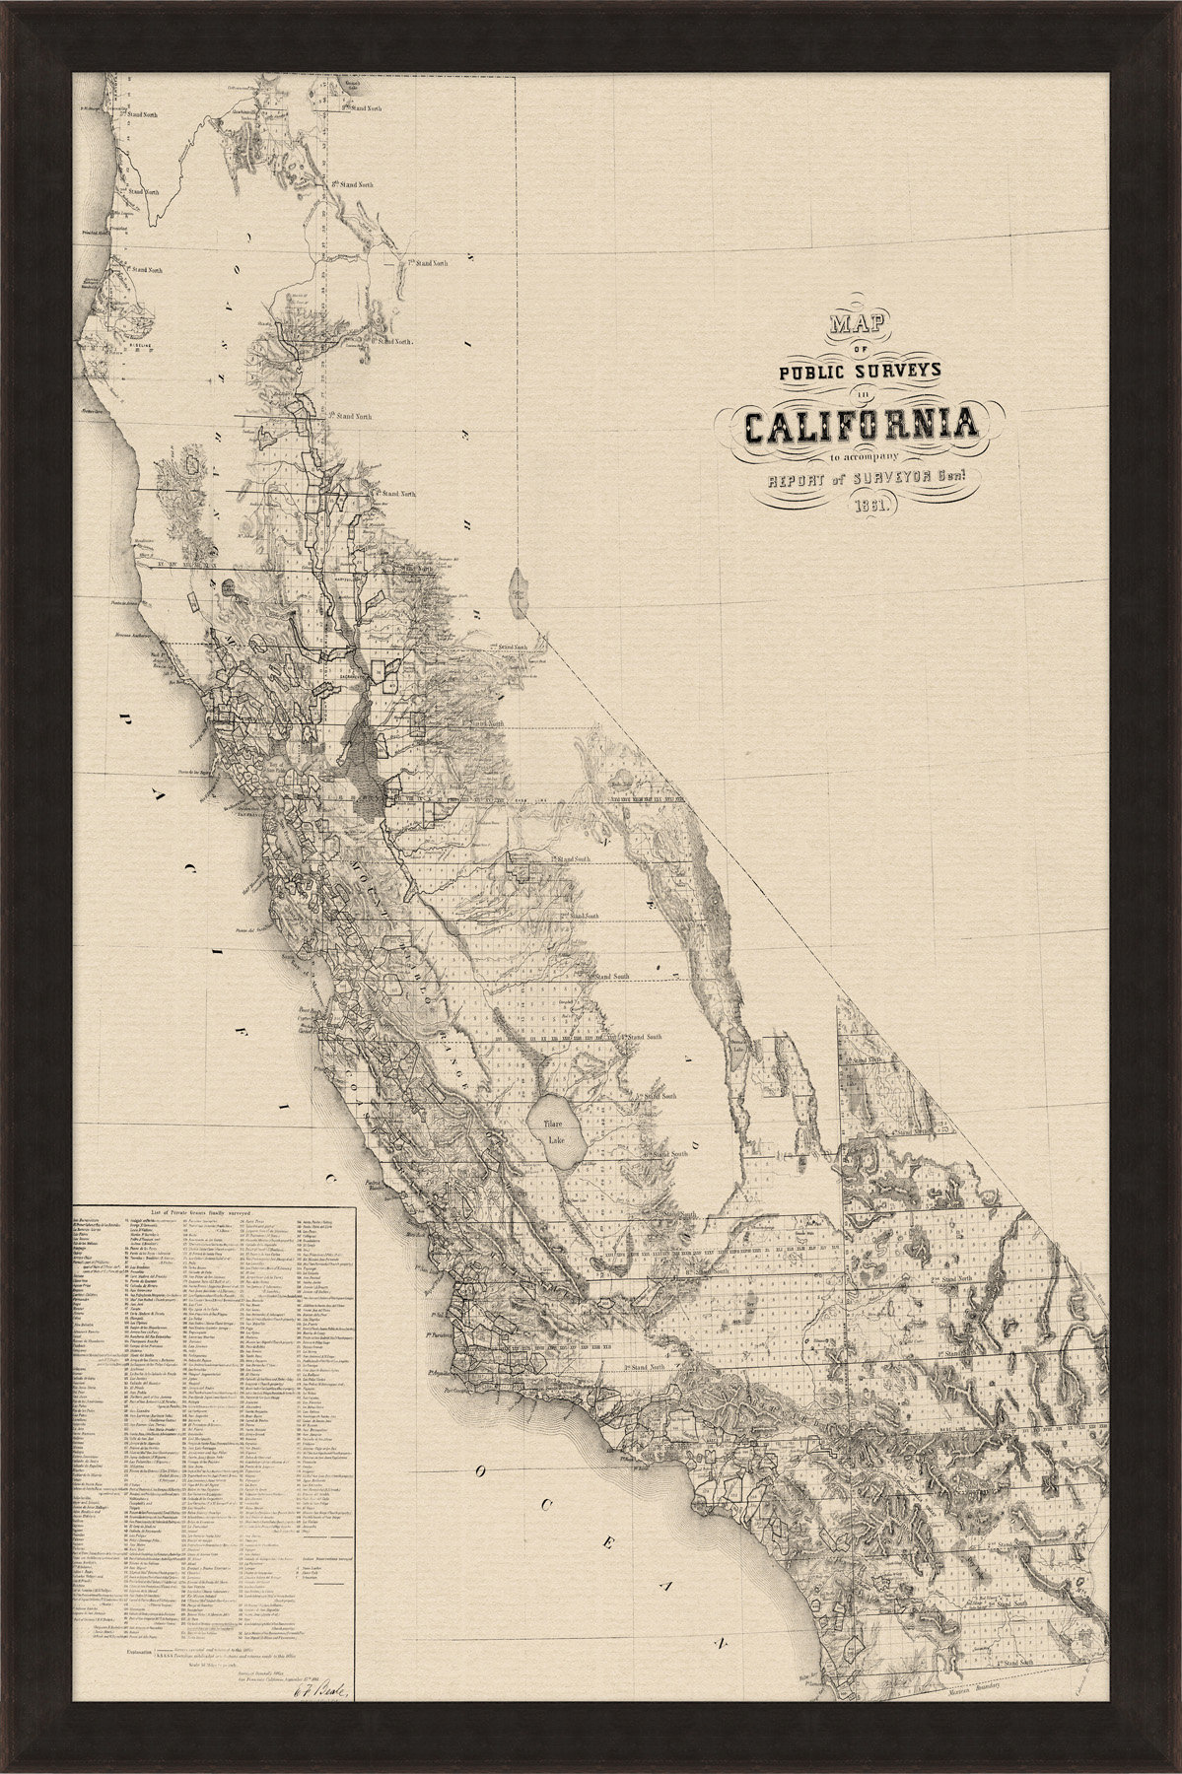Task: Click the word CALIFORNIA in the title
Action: pos(862,425)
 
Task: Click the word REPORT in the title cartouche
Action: pos(787,481)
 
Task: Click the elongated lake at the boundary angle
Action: pos(519,592)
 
